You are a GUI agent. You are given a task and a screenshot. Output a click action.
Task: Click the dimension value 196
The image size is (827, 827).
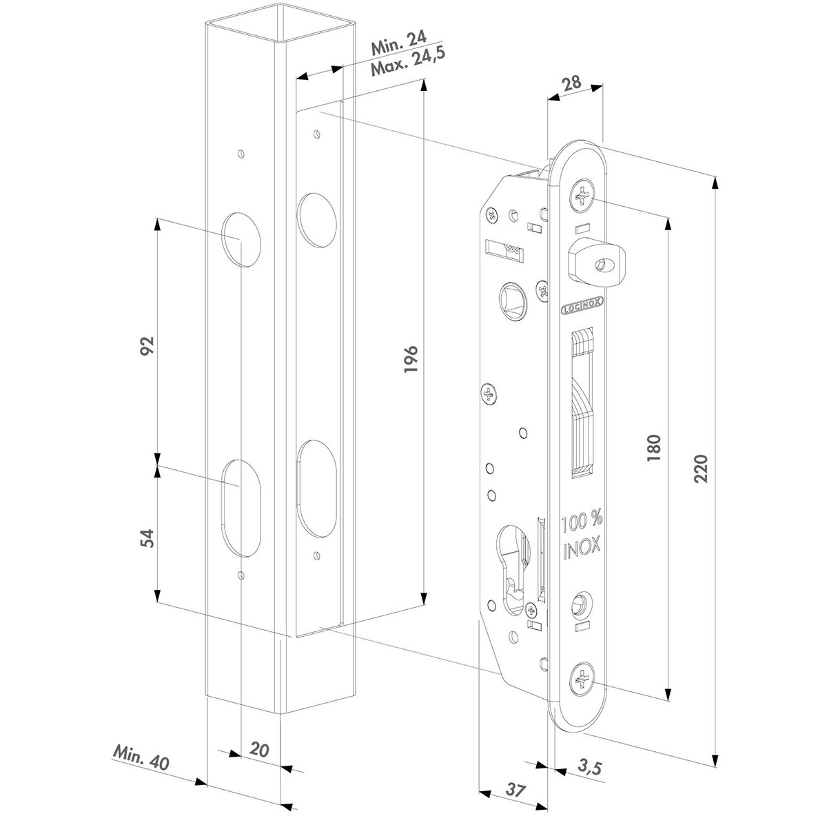pos(411,358)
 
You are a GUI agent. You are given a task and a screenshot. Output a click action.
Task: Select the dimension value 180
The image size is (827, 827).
pos(654,448)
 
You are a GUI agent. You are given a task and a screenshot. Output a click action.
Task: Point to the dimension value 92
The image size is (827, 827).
pos(147,346)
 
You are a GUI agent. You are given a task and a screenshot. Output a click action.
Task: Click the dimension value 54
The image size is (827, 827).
pos(147,538)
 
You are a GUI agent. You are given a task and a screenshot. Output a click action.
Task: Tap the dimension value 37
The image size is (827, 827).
pos(514,790)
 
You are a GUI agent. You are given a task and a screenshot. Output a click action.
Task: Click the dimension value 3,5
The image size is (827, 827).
pos(589,767)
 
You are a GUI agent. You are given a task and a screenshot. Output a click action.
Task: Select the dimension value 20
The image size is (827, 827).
pos(259,749)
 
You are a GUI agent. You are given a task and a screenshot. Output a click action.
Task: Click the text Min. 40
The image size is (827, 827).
pos(141,757)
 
